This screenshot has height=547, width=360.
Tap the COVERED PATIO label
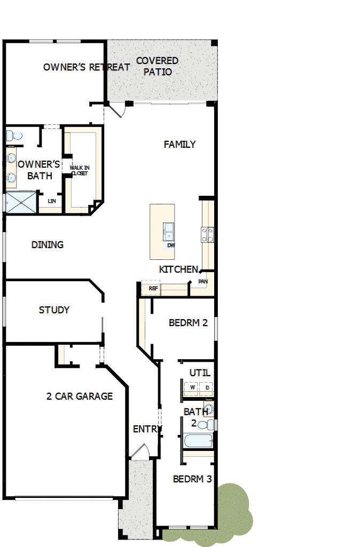coord(157,66)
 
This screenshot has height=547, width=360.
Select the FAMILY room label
coord(179,144)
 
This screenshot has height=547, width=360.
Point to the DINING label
coord(48,245)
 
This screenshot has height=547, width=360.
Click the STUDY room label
coord(54,310)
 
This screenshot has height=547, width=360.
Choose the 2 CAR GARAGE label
coord(80,396)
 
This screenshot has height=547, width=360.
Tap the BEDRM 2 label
coord(188,323)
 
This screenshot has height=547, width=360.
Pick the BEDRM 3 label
coord(192,479)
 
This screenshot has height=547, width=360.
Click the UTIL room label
coord(200,373)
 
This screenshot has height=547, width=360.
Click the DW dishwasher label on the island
coord(171,245)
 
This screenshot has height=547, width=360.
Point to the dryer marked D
coord(207,388)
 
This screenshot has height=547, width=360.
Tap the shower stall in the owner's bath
coord(20,203)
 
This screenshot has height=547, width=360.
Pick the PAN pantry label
coord(202,281)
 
